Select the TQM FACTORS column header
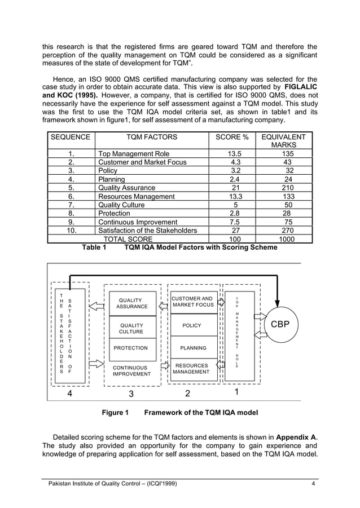point(151,137)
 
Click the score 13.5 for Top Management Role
point(234,153)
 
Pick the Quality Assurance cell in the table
point(126,188)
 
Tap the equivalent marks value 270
point(288,230)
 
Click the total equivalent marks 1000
point(288,238)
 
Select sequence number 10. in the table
point(71,230)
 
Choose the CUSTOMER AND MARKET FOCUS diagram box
point(192,302)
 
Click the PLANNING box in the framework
point(192,348)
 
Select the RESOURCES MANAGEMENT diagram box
point(192,369)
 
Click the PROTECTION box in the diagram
point(131,348)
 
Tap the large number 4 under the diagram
point(69,393)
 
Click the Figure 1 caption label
point(115,413)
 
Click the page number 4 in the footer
point(313,483)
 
